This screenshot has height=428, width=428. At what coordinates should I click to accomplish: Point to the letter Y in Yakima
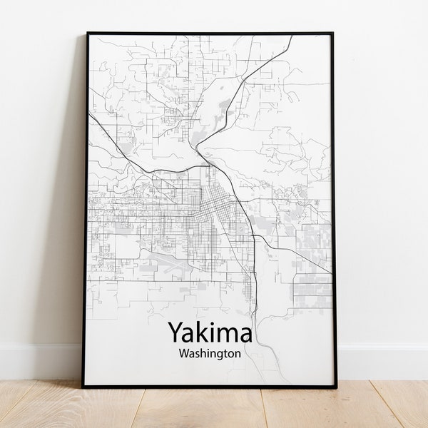174,333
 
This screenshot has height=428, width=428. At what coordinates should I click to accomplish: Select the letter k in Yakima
199,332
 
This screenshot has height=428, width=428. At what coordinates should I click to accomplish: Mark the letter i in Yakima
210,332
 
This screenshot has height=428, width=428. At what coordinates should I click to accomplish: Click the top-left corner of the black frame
87,33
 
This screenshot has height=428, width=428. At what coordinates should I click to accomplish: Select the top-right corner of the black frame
332,33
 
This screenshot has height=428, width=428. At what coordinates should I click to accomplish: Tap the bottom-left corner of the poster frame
83,387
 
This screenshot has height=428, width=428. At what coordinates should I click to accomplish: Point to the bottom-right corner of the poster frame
337,387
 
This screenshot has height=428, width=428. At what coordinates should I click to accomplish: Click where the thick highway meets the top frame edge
292,36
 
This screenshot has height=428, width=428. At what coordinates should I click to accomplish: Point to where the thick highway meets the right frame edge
331,272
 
